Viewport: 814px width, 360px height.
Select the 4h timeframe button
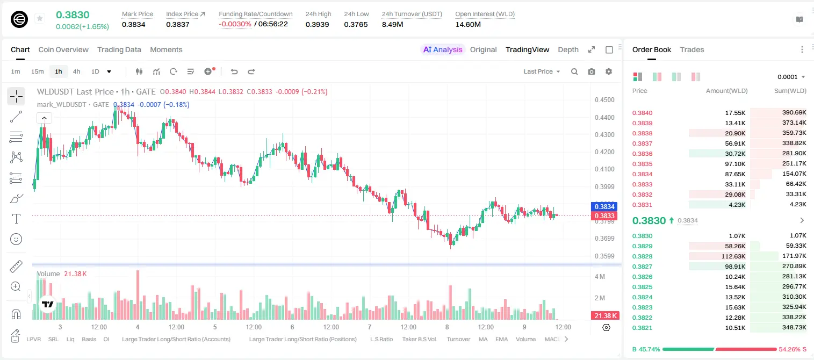(x=76, y=71)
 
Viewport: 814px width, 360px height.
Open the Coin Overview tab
(x=63, y=49)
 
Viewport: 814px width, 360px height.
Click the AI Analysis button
(x=443, y=49)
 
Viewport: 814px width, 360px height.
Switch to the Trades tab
(x=692, y=49)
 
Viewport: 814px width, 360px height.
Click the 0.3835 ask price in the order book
(x=642, y=164)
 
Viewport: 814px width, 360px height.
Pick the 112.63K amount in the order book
(x=733, y=256)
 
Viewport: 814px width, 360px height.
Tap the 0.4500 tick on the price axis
(x=604, y=100)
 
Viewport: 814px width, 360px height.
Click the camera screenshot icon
(x=592, y=71)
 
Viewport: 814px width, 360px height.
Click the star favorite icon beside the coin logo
(x=40, y=18)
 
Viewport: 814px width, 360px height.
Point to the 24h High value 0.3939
(x=317, y=24)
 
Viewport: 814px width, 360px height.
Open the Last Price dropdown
(x=542, y=71)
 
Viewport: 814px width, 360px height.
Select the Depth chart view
(x=568, y=49)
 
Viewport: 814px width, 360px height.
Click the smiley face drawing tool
(x=16, y=239)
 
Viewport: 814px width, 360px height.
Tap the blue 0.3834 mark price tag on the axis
(x=604, y=206)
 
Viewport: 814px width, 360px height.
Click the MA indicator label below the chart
(x=483, y=339)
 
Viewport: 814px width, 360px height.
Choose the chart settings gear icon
(x=609, y=71)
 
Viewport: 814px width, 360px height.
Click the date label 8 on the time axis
(x=447, y=327)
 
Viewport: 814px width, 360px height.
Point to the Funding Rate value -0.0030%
(x=235, y=24)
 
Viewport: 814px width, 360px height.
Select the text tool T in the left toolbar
(x=16, y=219)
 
